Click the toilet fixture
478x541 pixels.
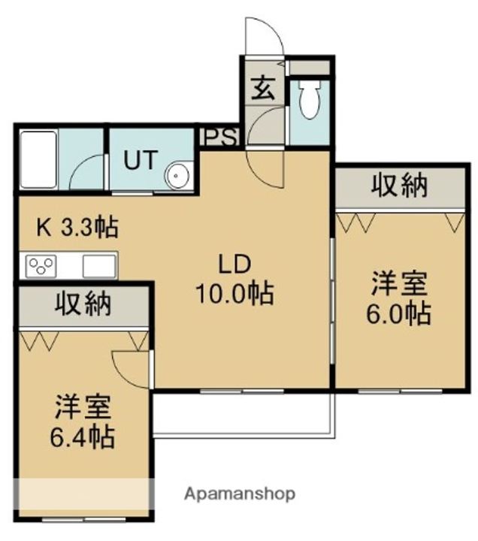pos(310,99)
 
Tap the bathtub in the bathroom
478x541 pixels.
pos(38,159)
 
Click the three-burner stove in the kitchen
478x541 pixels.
pos(41,266)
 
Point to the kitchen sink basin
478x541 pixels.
pos(99,266)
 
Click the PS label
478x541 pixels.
pos(219,138)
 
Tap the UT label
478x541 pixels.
pos(141,159)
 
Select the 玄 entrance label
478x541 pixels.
pos(263,88)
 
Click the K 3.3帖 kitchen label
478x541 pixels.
pos(77,227)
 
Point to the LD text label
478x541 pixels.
pos(234,264)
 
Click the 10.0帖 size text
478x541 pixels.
pos(234,294)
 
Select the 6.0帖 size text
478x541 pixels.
pos(398,313)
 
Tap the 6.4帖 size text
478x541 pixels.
pos(83,437)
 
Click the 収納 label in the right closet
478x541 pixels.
pos(399,186)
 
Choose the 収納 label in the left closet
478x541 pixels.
pos(83,304)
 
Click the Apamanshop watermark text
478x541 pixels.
pos(240,494)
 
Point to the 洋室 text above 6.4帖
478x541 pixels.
pos(83,407)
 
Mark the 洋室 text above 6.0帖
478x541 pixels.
pos(399,283)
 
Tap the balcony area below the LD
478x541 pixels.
pos(244,416)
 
